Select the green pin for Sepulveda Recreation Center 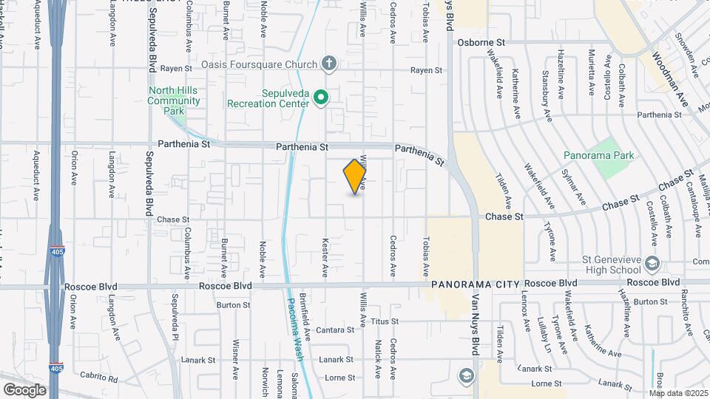[x=321, y=98]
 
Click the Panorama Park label [x=598, y=156]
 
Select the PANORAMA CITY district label [x=474, y=284]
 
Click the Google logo [x=24, y=389]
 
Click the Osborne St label [x=481, y=43]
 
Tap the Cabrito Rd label [x=101, y=378]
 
